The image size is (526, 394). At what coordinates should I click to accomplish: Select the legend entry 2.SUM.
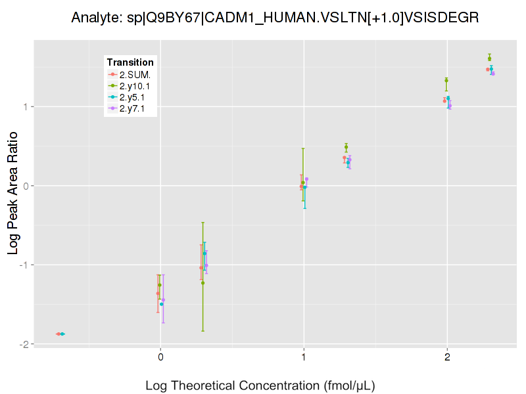click(135, 74)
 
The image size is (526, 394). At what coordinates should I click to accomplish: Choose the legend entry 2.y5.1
click(133, 97)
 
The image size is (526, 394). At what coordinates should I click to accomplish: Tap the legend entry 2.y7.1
click(133, 108)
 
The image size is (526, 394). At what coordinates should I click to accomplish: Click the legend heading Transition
click(130, 62)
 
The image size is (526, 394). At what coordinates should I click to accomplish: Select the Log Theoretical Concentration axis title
click(260, 385)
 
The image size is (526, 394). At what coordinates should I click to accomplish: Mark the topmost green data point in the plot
click(490, 58)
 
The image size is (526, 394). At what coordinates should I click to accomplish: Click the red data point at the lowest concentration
click(58, 334)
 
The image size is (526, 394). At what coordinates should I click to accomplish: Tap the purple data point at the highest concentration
click(493, 74)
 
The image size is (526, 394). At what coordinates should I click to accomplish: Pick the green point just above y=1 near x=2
click(446, 81)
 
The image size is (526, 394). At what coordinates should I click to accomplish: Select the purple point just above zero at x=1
click(306, 179)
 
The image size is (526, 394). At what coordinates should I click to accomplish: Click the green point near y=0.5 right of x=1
click(346, 148)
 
